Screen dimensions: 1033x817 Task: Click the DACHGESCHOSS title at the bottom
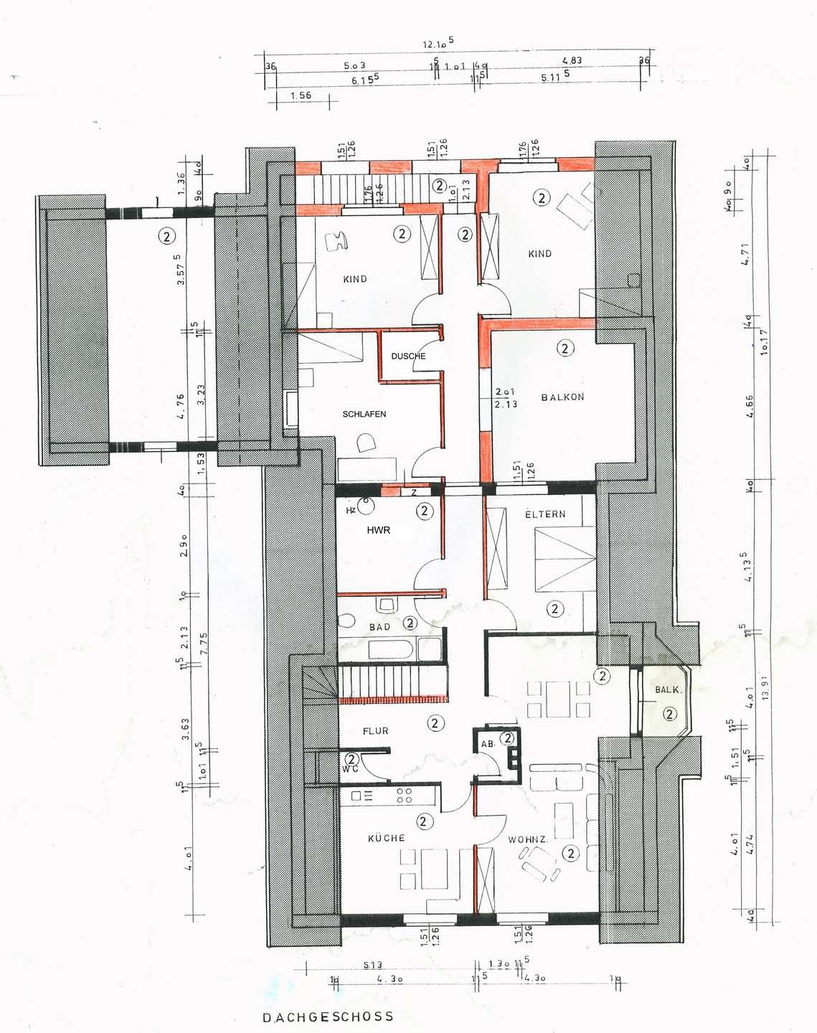(328, 1017)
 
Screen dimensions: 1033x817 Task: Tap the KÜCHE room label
(387, 838)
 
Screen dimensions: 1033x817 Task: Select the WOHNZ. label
(528, 839)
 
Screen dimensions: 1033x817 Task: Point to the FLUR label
(375, 731)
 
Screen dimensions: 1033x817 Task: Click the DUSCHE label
(408, 356)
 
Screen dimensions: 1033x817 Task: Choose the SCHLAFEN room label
(364, 414)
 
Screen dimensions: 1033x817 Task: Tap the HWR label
(378, 530)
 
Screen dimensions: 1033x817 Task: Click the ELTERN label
(545, 514)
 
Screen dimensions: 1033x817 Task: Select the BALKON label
(562, 397)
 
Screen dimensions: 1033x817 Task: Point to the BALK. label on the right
(668, 689)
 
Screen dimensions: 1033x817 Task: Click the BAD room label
(379, 627)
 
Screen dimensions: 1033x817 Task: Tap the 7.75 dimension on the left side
(203, 640)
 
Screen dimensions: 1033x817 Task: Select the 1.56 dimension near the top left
(301, 95)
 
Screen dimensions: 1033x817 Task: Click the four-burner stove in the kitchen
(404, 796)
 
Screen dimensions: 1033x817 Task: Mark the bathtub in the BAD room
(391, 650)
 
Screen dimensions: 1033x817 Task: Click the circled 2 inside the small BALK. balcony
(669, 714)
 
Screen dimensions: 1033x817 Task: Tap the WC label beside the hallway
(349, 769)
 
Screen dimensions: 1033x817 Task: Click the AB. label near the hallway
(488, 744)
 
